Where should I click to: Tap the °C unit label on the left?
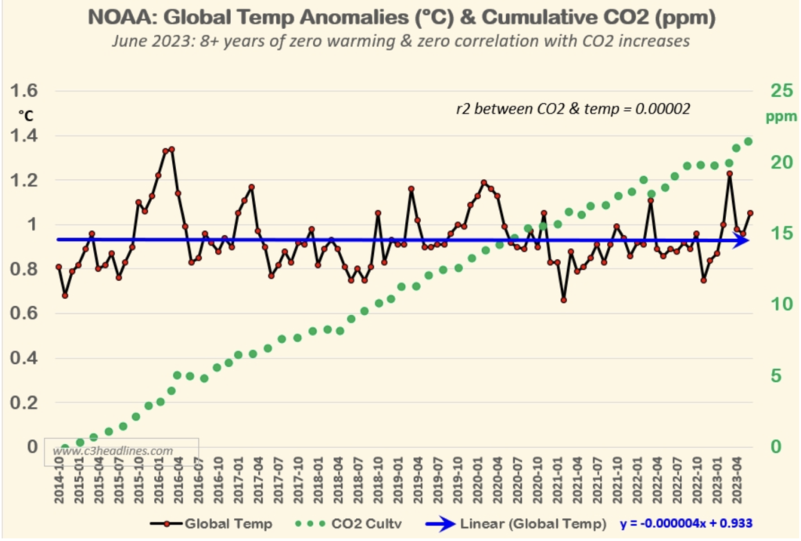[26, 116]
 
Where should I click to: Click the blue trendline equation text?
[680, 522]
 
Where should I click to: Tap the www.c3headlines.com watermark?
[113, 451]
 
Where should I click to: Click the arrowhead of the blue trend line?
[742, 240]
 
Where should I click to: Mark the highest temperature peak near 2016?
[171, 149]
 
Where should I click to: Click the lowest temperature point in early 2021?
[563, 300]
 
